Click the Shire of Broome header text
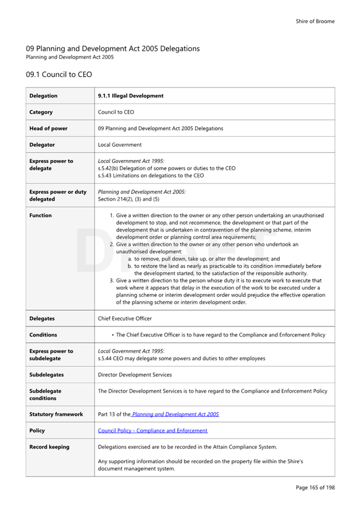315,21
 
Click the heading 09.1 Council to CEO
58,74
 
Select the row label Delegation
44,96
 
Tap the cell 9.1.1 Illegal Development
131,96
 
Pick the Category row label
41,112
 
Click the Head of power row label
49,128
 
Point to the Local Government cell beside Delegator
120,145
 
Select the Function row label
41,215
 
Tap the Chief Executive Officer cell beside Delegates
125,318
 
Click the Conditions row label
43,335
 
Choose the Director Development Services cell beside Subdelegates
135,375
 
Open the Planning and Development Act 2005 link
175,414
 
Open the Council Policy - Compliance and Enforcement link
153,431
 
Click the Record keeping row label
50,447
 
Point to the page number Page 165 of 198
315,488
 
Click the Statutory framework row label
56,414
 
